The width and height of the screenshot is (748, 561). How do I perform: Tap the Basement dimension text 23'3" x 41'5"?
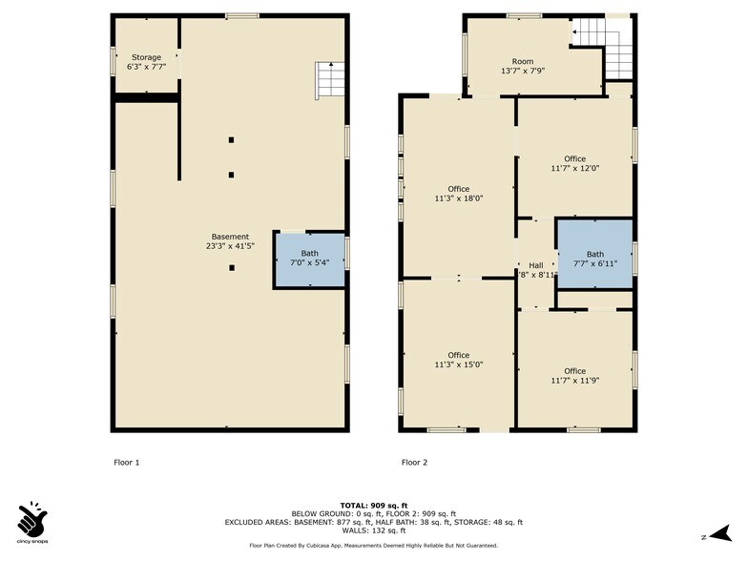[x=231, y=246]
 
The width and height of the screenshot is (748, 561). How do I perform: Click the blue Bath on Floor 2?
[x=595, y=254]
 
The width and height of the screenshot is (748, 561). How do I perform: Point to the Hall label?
[x=536, y=265]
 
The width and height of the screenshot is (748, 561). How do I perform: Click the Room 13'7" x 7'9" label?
[x=523, y=67]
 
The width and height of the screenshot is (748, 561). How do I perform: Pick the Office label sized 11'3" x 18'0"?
[x=458, y=194]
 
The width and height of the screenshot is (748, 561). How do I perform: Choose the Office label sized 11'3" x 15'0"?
[x=458, y=360]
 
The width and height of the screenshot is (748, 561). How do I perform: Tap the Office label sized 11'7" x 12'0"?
[x=574, y=164]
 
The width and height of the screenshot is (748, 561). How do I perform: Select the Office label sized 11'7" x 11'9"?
[x=574, y=376]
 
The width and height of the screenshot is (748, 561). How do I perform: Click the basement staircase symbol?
[x=330, y=80]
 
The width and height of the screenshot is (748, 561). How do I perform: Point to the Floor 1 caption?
[x=126, y=462]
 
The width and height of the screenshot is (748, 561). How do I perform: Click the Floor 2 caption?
[x=414, y=462]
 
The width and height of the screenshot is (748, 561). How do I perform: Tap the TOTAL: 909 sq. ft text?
[x=374, y=506]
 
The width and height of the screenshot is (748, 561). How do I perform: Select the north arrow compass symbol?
[x=721, y=533]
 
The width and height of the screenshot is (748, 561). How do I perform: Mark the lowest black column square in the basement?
[x=232, y=268]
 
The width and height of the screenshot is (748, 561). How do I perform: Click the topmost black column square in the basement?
[x=231, y=140]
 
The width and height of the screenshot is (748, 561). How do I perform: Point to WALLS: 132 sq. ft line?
[x=374, y=530]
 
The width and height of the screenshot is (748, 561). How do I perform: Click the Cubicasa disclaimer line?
[x=374, y=546]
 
